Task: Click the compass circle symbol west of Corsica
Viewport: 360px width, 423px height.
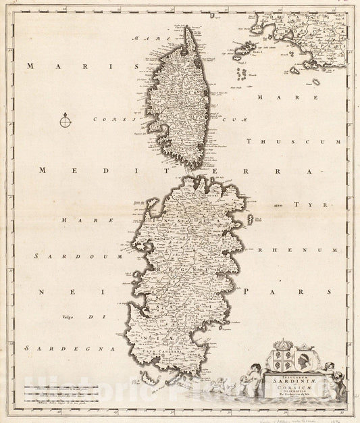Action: click(65, 122)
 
